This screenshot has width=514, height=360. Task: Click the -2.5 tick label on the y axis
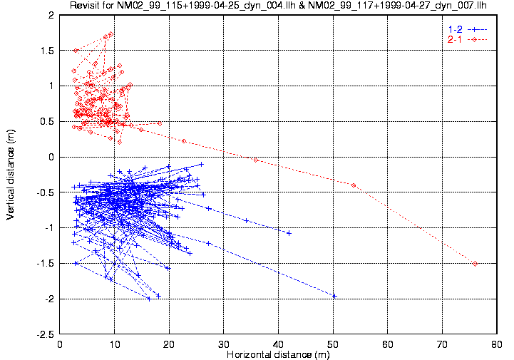(x=46, y=334)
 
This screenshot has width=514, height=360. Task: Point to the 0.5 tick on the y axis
(x=48, y=121)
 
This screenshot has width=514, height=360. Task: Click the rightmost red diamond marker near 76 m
(x=475, y=263)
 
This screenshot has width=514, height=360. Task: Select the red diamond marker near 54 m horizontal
(x=354, y=185)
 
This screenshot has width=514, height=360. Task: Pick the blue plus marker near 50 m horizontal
(x=334, y=296)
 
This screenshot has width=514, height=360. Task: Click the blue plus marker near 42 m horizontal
(x=289, y=233)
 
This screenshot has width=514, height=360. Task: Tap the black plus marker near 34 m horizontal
(x=247, y=220)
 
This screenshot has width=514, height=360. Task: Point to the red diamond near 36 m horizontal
(x=256, y=160)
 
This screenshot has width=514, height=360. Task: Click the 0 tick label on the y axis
(x=52, y=157)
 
